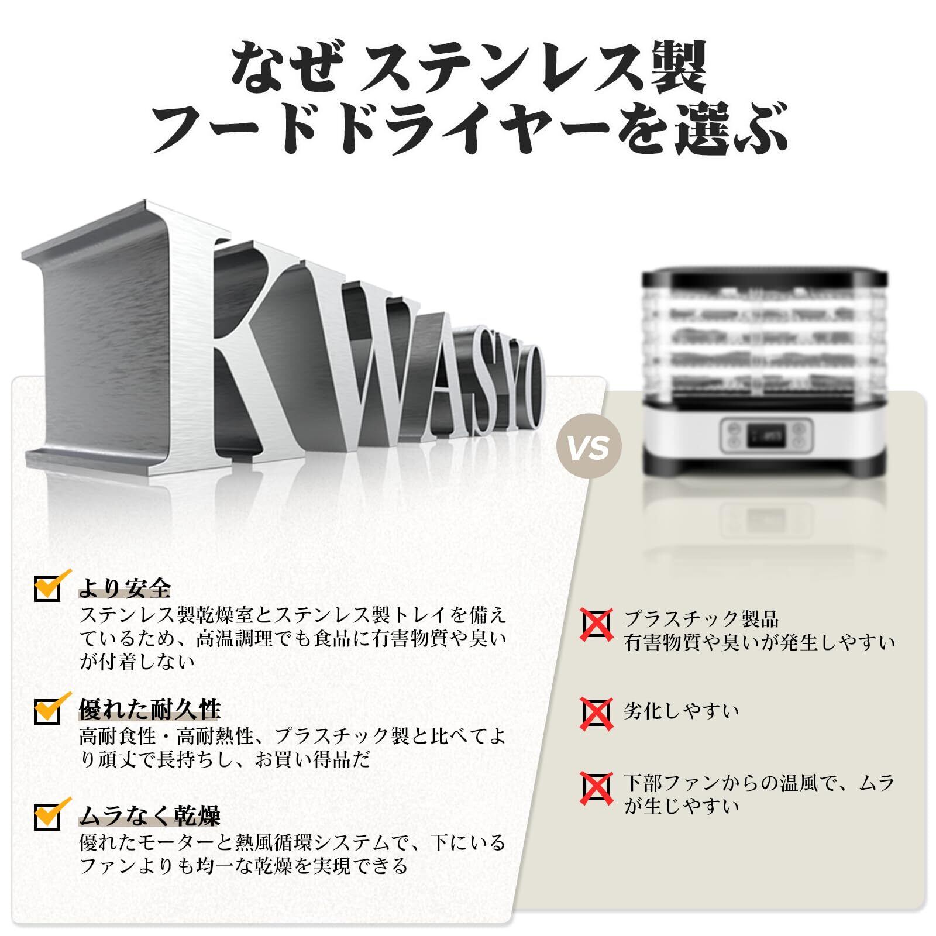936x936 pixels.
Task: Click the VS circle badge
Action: coord(589,449)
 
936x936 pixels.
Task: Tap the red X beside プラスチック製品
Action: coord(596,625)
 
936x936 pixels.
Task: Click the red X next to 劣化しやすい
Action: coord(596,713)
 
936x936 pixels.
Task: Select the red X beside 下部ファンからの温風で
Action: coord(596,788)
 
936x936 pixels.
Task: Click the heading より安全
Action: coord(125,587)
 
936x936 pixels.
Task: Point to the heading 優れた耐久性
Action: coord(150,710)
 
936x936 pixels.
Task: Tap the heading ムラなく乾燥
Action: coord(150,814)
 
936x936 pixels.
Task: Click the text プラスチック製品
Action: coord(701,618)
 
